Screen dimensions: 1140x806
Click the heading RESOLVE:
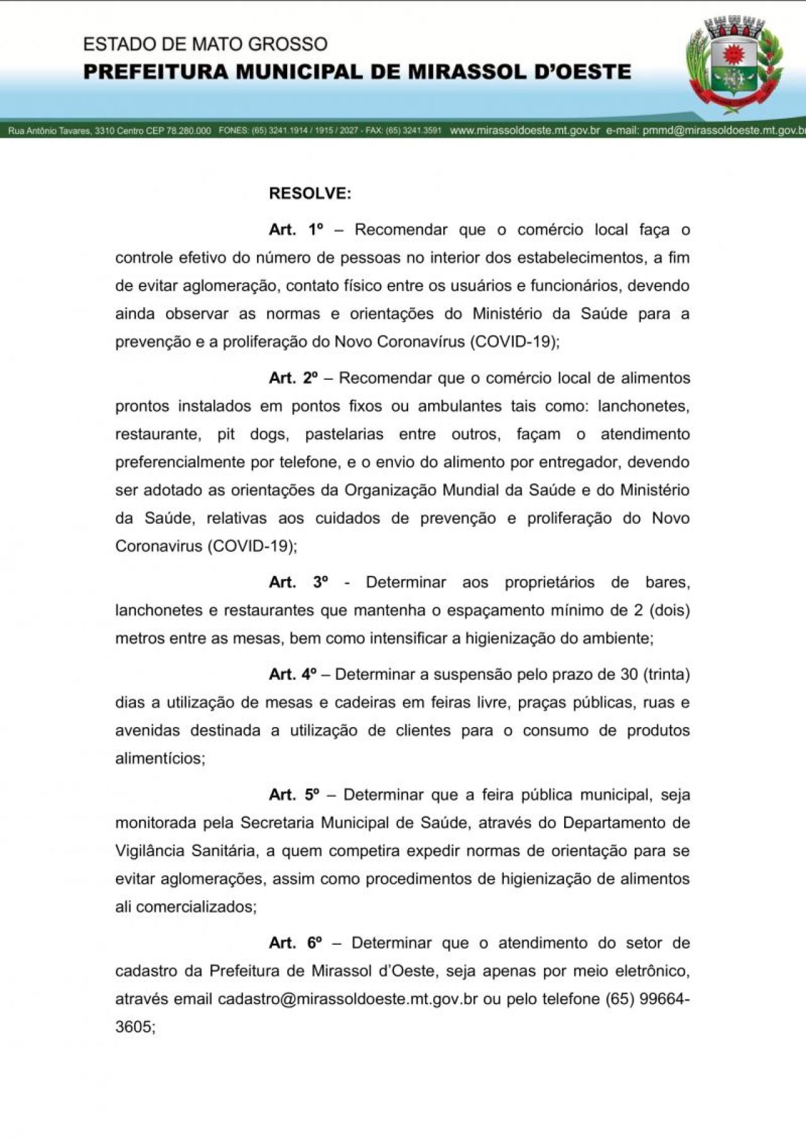(310, 193)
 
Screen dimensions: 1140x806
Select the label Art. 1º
(295, 230)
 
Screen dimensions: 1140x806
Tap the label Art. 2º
(293, 378)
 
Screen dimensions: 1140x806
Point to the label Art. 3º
(298, 582)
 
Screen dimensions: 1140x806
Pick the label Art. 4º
(293, 675)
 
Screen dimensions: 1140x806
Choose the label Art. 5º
(293, 795)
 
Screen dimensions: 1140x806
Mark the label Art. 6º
(295, 943)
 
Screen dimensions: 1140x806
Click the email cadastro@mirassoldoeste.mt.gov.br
(348, 999)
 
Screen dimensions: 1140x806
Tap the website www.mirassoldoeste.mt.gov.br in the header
(525, 131)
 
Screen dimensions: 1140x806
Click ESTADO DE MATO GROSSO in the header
(205, 44)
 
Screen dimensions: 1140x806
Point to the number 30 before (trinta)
(629, 675)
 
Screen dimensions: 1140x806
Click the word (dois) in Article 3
(669, 611)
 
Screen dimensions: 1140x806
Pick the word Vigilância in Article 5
(154, 851)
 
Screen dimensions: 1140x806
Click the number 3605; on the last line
(135, 1027)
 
